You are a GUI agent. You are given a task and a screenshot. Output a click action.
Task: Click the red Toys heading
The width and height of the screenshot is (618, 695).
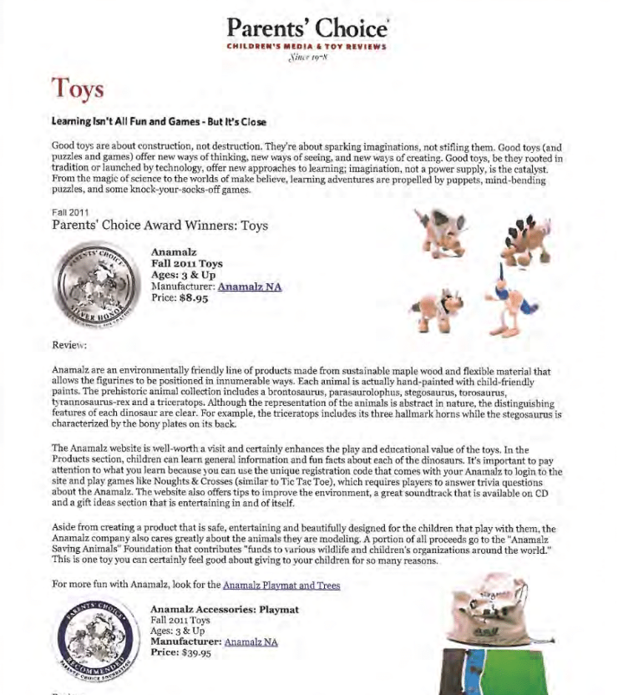click(77, 89)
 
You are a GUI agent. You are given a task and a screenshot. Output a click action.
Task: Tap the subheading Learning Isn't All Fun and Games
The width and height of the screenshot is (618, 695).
click(159, 122)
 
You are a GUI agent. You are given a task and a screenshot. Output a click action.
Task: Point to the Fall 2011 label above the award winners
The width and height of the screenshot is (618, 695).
click(70, 213)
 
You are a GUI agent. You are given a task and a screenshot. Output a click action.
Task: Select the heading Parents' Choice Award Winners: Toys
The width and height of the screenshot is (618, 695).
click(160, 226)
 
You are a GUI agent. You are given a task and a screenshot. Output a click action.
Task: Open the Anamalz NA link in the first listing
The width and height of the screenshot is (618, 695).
click(250, 287)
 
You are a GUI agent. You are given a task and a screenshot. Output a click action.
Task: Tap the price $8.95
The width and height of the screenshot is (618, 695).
click(193, 298)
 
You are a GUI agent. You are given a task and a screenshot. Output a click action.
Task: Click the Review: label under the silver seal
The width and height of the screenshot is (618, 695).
click(69, 344)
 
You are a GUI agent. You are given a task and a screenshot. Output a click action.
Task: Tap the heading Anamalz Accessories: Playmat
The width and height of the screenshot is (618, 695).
click(225, 610)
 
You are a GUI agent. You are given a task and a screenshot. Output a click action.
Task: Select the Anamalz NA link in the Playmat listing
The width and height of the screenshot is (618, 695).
click(251, 642)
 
